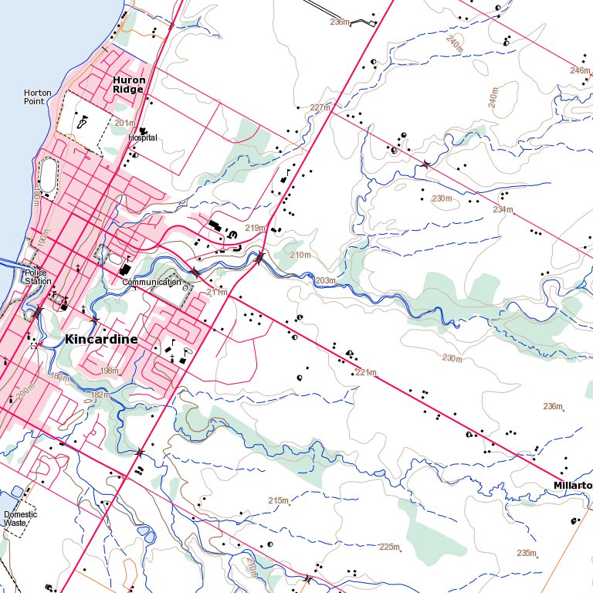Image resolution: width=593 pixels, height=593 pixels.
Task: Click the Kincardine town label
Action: tap(102, 339)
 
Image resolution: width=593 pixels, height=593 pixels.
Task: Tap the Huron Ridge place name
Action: tap(128, 84)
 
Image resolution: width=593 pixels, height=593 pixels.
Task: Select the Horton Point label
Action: tap(38, 97)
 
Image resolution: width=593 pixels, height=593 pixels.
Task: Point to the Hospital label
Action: tap(143, 137)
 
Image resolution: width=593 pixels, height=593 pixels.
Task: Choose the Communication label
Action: tap(151, 283)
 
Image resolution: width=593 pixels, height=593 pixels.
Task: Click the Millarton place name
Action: tap(572, 485)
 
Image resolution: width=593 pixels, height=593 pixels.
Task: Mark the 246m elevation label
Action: tap(580, 70)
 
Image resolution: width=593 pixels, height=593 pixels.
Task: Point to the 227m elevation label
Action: tap(320, 107)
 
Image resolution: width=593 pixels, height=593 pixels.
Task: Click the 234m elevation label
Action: tap(503, 209)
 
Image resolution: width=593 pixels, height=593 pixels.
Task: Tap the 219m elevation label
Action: tap(255, 228)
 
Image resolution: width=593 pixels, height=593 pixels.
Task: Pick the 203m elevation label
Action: tap(325, 280)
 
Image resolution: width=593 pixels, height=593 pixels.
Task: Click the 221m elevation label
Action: tap(365, 373)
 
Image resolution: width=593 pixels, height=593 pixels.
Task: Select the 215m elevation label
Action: tap(278, 501)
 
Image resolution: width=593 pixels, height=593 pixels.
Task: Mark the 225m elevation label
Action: tap(390, 547)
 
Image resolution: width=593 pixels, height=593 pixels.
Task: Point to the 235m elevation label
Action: tap(527, 553)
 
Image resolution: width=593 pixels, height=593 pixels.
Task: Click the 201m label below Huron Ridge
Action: tap(124, 122)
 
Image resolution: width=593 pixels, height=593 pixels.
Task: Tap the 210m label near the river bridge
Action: tap(300, 255)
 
